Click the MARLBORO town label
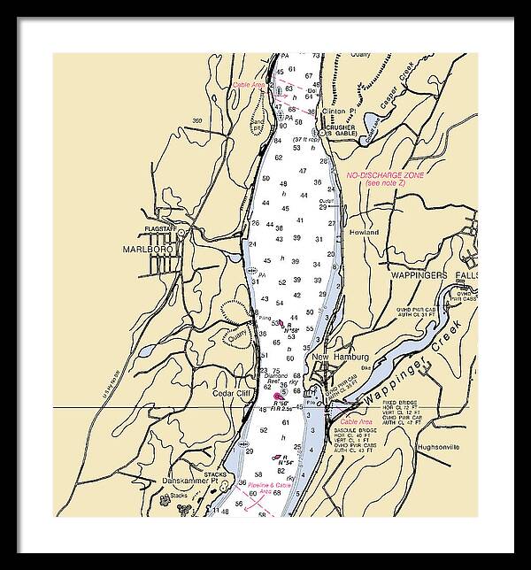142,250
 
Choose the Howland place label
363,232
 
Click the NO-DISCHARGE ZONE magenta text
385,175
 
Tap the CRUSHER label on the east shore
341,127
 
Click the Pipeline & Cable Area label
271,486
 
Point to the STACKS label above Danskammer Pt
215,474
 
